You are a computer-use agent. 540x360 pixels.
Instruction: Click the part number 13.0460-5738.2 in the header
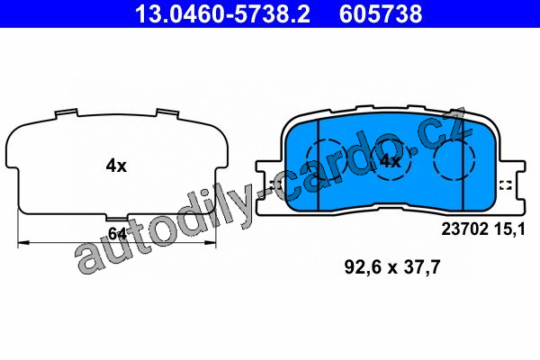tap(222, 13)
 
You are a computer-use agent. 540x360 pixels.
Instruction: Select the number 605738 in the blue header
tap(381, 13)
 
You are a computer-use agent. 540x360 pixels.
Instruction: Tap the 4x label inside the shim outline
tap(116, 166)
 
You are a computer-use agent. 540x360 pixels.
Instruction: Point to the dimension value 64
tap(117, 234)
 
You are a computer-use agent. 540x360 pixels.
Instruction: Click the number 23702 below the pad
tap(464, 229)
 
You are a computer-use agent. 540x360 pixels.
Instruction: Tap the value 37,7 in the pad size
tap(422, 267)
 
